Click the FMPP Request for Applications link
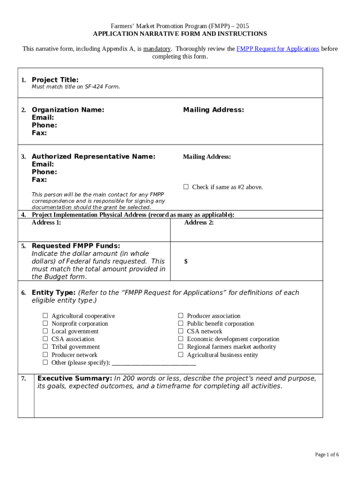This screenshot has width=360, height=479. pos(278,49)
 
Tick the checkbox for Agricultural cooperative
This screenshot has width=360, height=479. pos(45,316)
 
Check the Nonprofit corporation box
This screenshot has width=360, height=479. pos(45,324)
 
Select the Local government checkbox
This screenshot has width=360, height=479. pos(45,331)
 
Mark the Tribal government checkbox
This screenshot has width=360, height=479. pos(45,347)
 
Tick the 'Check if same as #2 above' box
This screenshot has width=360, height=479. pos(186,187)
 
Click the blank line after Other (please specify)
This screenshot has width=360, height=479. pos(154,363)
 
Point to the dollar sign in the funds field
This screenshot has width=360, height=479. pos(186,261)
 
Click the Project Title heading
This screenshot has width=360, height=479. pos(55,80)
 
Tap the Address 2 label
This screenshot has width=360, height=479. pos(199,223)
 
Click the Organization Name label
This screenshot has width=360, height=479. pos(68,110)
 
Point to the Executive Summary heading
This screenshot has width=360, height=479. pos(74,378)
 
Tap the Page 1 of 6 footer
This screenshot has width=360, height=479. pos(327,455)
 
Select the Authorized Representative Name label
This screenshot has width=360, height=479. pos(94,157)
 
